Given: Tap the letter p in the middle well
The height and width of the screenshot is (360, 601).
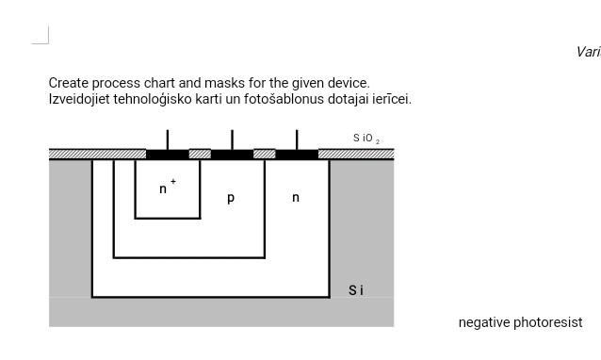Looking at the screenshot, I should click(x=231, y=198).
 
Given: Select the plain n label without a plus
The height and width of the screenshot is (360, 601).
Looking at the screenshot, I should click(x=296, y=198).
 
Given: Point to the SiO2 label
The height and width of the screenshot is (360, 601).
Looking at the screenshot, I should click(x=366, y=139).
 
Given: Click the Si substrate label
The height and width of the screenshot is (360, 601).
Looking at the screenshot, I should click(x=356, y=290).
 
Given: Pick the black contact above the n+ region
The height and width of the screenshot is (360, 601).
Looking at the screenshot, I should click(x=168, y=155).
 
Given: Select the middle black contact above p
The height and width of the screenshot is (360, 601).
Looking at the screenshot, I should click(x=232, y=155).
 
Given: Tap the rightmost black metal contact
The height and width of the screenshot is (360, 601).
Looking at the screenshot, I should click(x=297, y=155).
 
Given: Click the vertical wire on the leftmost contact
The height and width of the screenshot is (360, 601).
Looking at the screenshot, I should click(x=168, y=139).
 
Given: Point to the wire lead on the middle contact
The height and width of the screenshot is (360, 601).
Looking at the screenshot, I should click(x=232, y=139).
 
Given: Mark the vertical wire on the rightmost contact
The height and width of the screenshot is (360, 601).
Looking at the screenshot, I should click(x=297, y=139).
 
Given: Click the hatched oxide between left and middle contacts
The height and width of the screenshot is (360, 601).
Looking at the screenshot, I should click(x=200, y=154).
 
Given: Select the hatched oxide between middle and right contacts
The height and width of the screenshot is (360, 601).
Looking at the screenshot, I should click(x=265, y=154).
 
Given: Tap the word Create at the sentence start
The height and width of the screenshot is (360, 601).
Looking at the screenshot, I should click(x=69, y=83).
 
